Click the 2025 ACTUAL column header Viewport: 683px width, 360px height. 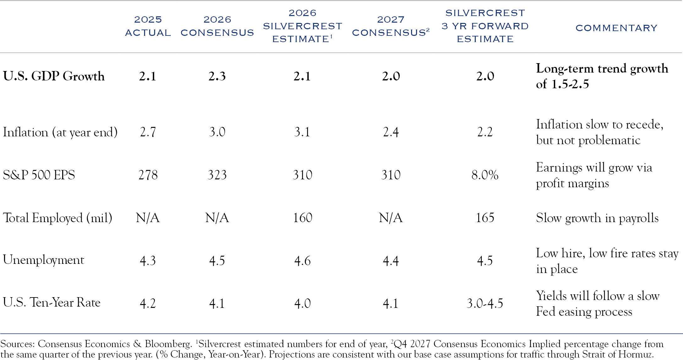click(148, 26)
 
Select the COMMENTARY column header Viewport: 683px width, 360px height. click(616, 28)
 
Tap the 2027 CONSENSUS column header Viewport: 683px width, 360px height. click(391, 26)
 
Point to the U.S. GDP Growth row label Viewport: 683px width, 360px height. click(54, 76)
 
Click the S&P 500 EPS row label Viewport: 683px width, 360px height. click(39, 175)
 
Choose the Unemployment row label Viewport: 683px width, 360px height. click(44, 260)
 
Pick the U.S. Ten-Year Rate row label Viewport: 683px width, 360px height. click(51, 303)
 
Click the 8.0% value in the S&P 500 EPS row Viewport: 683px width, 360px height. click(485, 175)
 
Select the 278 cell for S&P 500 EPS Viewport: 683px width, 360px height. click(148, 175)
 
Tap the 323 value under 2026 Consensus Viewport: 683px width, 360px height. click(217, 175)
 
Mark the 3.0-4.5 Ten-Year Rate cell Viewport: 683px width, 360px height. click(485, 303)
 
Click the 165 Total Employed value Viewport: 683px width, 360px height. click(485, 218)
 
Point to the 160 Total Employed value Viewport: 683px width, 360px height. click(302, 218)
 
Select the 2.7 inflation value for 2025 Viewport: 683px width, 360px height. click(148, 132)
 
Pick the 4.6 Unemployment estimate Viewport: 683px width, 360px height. click(302, 261)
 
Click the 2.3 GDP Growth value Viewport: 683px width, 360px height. click(217, 76)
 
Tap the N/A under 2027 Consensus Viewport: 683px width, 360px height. click(391, 218)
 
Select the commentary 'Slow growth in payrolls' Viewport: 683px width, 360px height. click(597, 218)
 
